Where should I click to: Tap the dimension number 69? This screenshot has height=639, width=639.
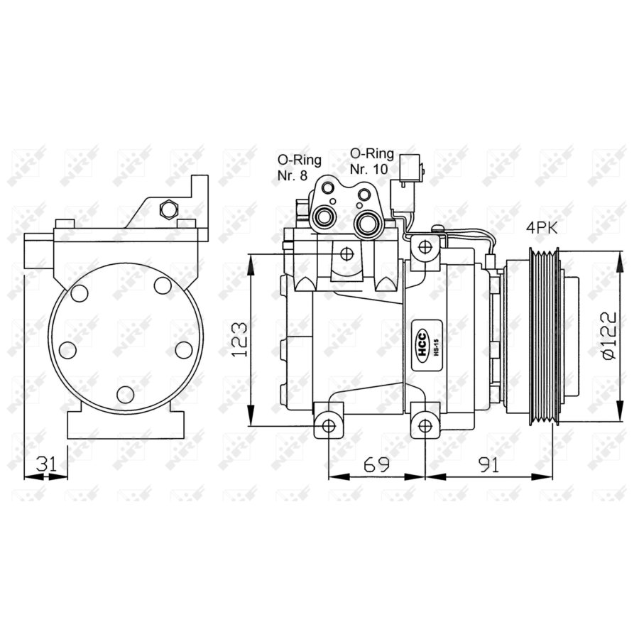click(376, 465)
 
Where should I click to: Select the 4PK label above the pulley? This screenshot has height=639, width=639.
click(541, 228)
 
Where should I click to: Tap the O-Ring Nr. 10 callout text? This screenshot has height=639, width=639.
click(373, 161)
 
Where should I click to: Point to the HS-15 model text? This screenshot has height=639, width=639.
click(435, 350)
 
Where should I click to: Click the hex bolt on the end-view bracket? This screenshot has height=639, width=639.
click(168, 209)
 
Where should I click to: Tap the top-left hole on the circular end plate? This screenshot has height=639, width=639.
click(78, 293)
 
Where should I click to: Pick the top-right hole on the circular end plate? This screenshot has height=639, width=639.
click(163, 285)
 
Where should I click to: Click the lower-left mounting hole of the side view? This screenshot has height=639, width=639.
click(328, 425)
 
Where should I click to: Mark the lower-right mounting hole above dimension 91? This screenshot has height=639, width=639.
click(425, 425)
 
